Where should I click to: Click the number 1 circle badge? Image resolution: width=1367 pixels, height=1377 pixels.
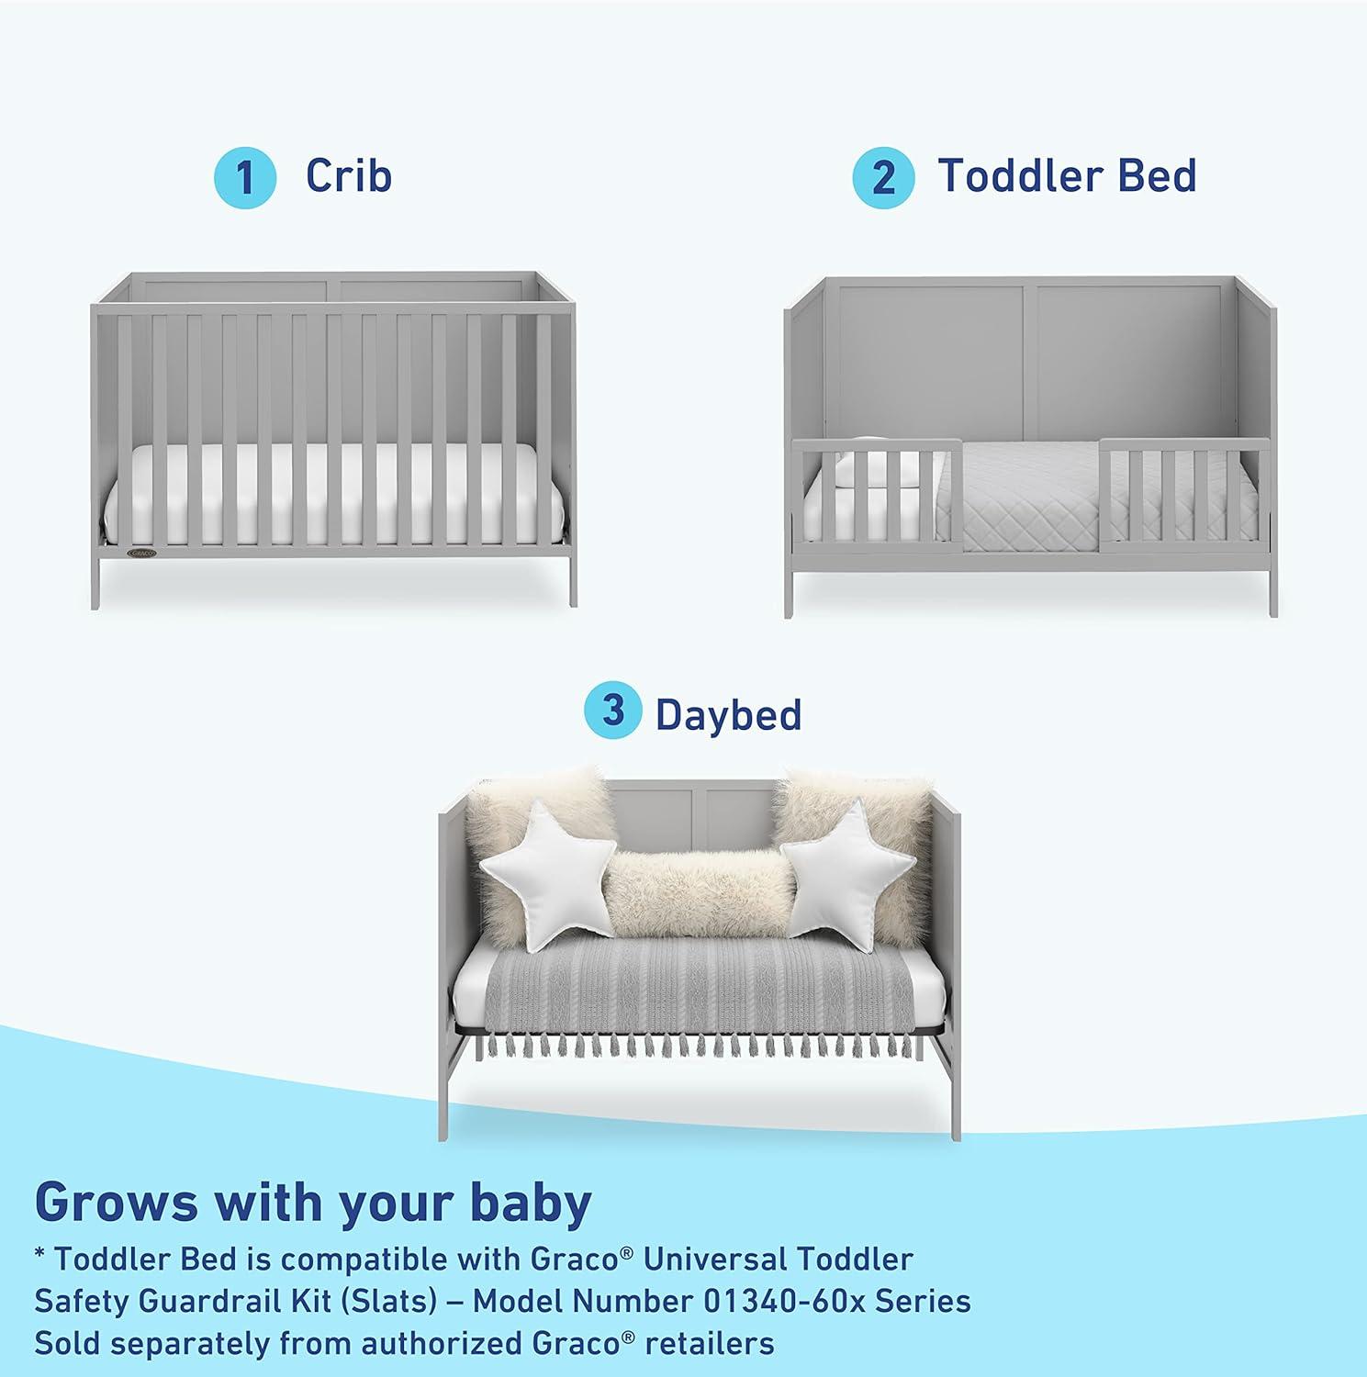click(244, 177)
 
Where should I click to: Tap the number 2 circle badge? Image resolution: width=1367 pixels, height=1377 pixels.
click(882, 177)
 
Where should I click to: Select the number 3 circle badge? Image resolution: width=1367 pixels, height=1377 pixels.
click(613, 711)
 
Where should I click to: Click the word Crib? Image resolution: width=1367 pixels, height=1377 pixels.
click(349, 175)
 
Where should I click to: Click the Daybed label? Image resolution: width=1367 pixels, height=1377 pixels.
click(728, 715)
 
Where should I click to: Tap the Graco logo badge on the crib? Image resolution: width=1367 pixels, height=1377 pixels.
click(141, 553)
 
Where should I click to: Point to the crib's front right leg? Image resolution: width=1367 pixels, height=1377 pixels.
click(573, 582)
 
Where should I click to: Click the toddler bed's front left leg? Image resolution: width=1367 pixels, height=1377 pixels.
click(790, 593)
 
